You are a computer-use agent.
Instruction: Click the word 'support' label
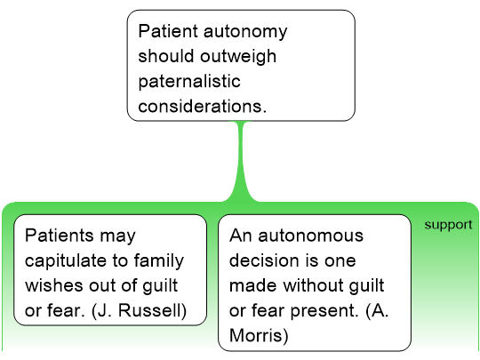[448, 225]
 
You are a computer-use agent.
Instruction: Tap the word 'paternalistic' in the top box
[189, 82]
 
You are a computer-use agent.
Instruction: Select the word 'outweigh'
[238, 56]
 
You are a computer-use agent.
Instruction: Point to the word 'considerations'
[201, 107]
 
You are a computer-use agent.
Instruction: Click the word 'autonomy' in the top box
[245, 31]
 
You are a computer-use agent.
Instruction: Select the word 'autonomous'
[311, 236]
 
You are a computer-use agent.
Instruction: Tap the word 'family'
[159, 261]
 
